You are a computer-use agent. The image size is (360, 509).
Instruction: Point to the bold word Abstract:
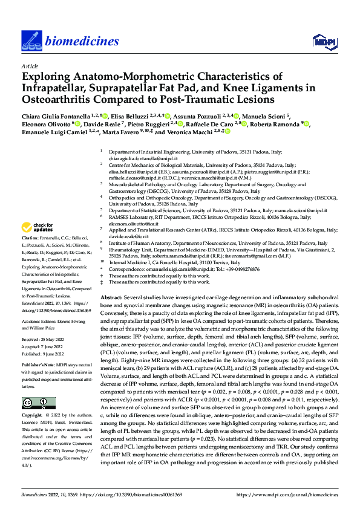[x=111, y=299]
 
